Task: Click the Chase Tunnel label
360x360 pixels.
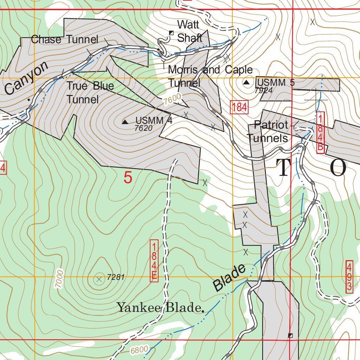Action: (x=64, y=39)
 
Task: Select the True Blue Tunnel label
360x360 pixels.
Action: (x=90, y=92)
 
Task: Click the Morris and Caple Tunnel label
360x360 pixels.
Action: (x=210, y=76)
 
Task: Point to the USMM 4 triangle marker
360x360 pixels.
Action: (x=125, y=122)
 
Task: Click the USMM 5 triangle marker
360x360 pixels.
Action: (x=247, y=83)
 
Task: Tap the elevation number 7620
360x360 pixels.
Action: (x=143, y=128)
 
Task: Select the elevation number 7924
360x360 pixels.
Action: (x=264, y=90)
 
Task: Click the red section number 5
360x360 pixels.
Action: (x=128, y=178)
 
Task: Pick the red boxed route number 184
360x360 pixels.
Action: (x=239, y=107)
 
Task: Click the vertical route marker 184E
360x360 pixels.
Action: (x=154, y=261)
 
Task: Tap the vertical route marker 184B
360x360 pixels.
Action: (x=320, y=132)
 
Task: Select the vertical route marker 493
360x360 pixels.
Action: (x=349, y=276)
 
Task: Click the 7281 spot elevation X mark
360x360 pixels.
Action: (x=99, y=279)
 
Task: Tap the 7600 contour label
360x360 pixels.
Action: (x=172, y=99)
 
